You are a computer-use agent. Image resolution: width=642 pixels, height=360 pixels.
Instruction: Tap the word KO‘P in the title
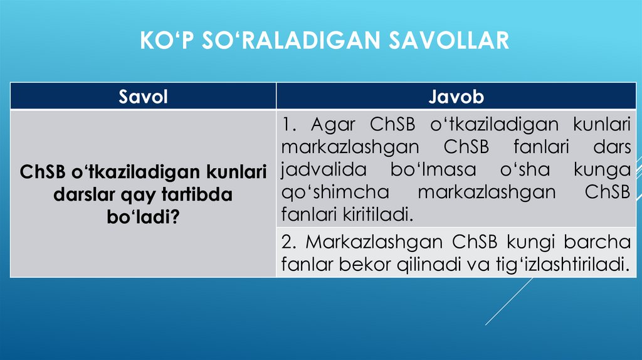click(160, 41)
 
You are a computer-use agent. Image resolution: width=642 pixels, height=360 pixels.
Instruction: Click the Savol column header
click(144, 97)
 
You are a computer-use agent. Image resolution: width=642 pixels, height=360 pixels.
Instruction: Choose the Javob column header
click(456, 97)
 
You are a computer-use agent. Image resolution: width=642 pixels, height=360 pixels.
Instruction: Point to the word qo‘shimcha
click(327, 192)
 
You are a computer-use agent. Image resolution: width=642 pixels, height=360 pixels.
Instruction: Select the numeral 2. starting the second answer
click(289, 241)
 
